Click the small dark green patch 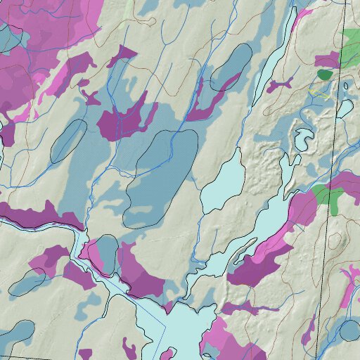[x=324, y=73]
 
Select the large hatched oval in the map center [x=161, y=178]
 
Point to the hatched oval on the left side [x=69, y=140]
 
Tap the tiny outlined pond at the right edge [x=346, y=86]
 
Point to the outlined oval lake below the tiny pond [x=346, y=108]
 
